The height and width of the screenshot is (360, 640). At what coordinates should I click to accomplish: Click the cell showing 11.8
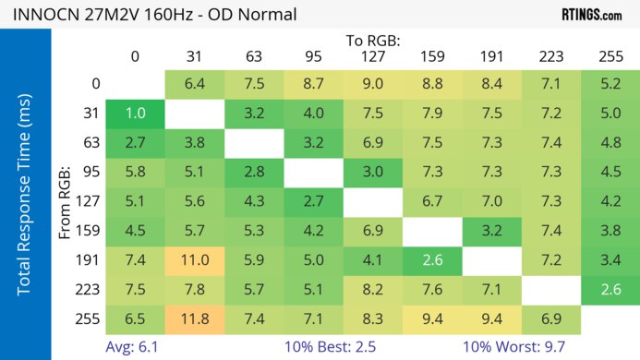pos(194,319)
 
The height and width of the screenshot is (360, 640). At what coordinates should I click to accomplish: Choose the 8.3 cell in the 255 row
pos(372,319)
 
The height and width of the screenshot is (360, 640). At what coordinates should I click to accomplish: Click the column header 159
pos(432,56)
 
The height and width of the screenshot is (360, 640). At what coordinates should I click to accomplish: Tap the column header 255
pos(610,56)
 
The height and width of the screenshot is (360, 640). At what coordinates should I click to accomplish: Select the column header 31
pos(194,56)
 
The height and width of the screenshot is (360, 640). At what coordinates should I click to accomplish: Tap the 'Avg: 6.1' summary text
pos(135,346)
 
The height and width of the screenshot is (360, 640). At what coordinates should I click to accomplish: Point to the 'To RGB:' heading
pos(371,41)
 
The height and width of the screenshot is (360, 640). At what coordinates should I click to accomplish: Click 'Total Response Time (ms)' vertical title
pos(25,197)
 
